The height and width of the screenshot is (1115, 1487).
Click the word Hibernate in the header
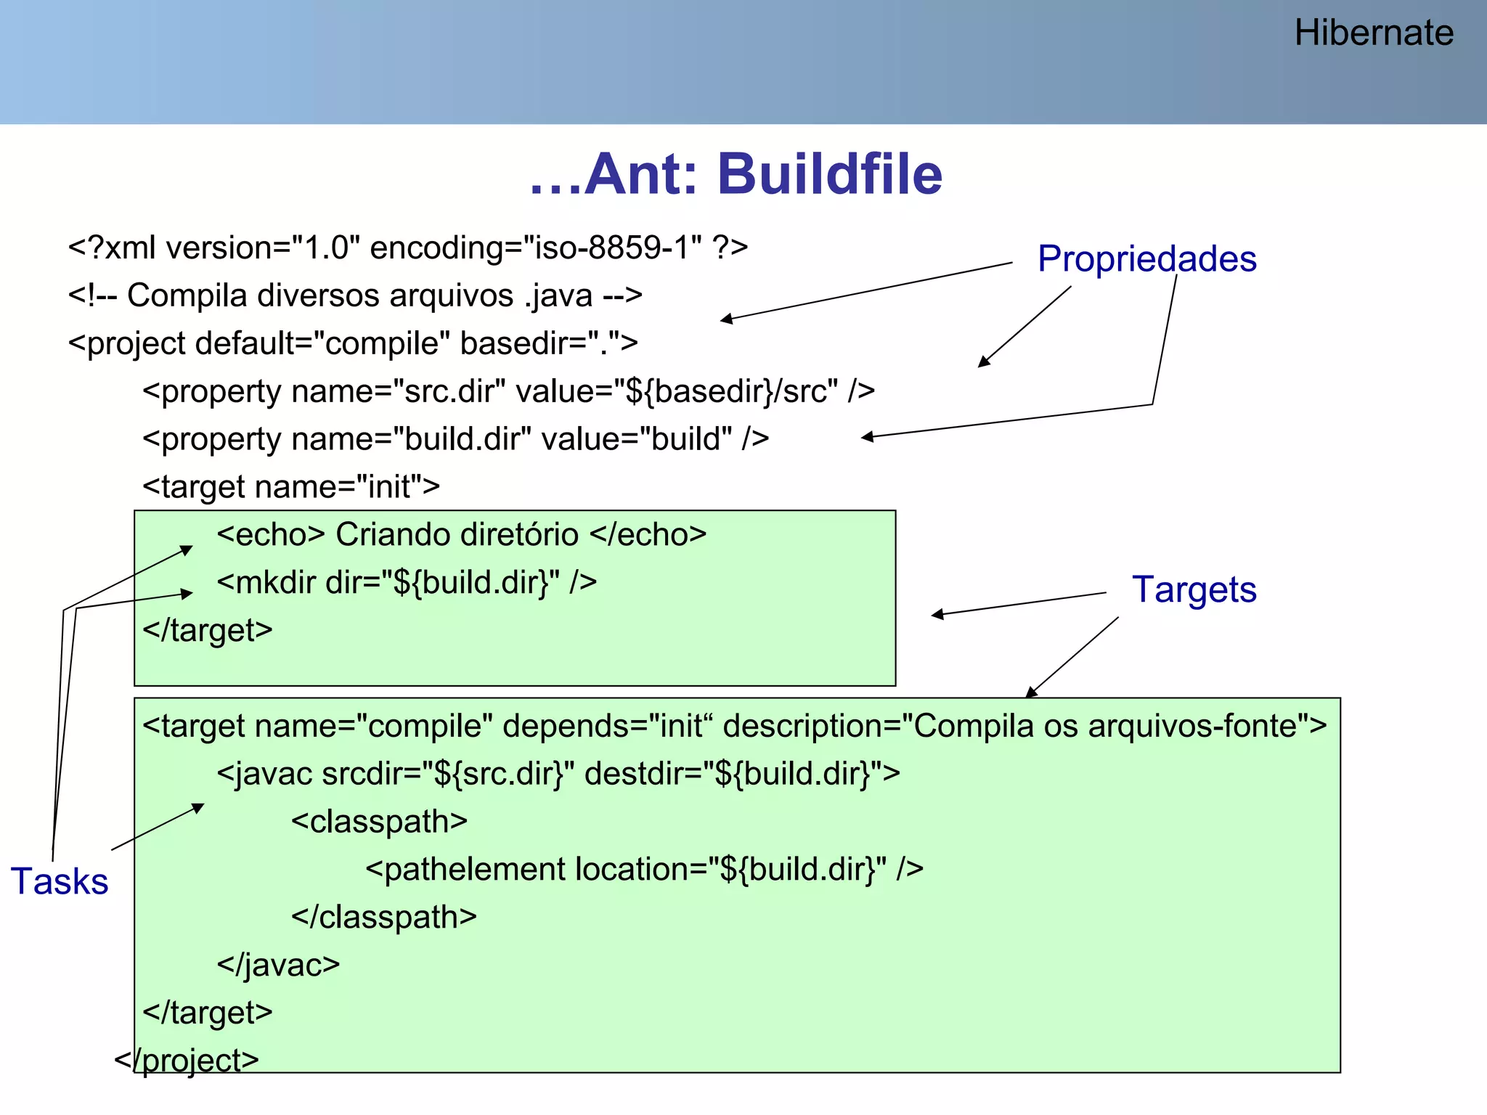pyautogui.click(x=1373, y=33)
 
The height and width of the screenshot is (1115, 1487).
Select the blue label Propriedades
pyautogui.click(x=1146, y=259)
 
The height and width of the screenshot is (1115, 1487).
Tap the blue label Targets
pyautogui.click(x=1194, y=589)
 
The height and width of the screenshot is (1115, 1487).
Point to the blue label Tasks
pyautogui.click(x=60, y=881)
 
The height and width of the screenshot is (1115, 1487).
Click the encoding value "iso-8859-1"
pyautogui.click(x=612, y=248)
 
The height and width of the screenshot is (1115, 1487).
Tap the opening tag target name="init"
pyautogui.click(x=291, y=487)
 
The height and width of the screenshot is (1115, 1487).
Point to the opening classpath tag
pyautogui.click(x=379, y=822)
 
